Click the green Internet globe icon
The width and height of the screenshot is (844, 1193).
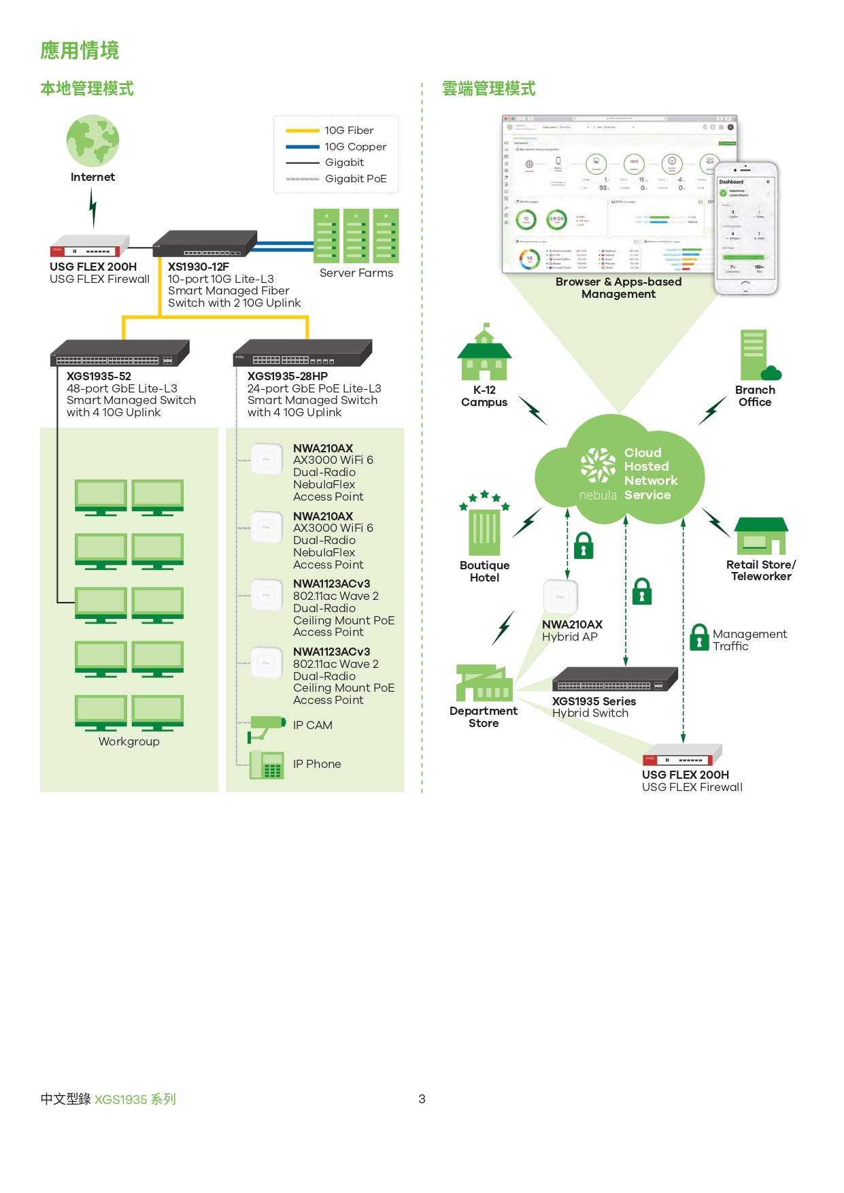pos(92,141)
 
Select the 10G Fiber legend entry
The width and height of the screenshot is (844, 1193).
pos(348,131)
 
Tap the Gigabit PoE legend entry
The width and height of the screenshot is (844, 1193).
pos(355,179)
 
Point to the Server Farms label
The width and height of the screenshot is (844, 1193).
pos(356,273)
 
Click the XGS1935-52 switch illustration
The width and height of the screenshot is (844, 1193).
pos(120,353)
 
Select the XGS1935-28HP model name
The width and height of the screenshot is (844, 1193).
pos(288,376)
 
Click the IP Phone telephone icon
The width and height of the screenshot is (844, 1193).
pos(267,765)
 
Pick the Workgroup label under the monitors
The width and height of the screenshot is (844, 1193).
pos(129,742)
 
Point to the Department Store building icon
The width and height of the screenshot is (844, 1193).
pos(484,684)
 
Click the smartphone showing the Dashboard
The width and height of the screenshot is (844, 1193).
pos(745,229)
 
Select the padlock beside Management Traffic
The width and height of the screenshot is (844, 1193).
pos(699,637)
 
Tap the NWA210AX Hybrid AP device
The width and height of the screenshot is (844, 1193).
pos(560,597)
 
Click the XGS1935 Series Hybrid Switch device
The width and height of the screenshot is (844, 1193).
pos(615,679)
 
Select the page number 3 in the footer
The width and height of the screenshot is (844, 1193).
pos(422,1099)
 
